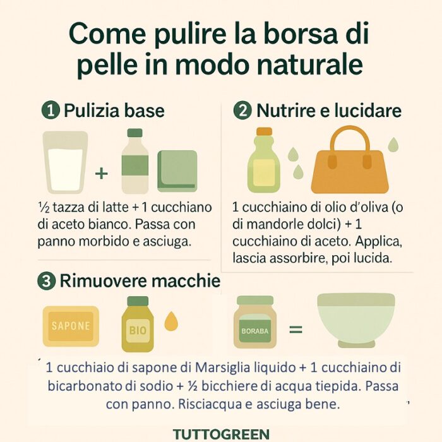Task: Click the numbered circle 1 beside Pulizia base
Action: click(x=51, y=110)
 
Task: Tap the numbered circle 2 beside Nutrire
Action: click(x=242, y=110)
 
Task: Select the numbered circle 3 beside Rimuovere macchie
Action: click(x=47, y=281)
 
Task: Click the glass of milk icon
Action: click(x=66, y=162)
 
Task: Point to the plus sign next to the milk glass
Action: click(x=102, y=173)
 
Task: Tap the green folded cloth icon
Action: click(x=177, y=171)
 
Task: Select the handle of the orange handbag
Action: click(x=350, y=141)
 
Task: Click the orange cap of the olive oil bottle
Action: click(x=265, y=131)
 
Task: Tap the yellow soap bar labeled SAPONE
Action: click(x=71, y=326)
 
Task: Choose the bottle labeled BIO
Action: click(x=138, y=324)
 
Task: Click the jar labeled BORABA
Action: click(x=255, y=322)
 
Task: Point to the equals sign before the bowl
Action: click(x=296, y=329)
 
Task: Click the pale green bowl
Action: click(x=356, y=320)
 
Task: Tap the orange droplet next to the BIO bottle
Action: click(x=171, y=321)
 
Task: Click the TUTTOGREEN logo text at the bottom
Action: click(x=221, y=434)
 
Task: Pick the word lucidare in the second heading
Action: click(x=367, y=110)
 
